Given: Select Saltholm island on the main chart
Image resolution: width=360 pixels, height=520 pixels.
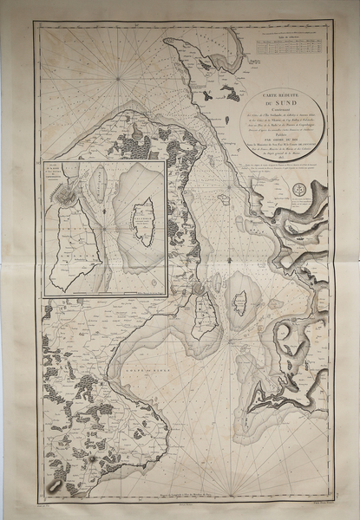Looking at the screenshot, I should pyautogui.click(x=239, y=303).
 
